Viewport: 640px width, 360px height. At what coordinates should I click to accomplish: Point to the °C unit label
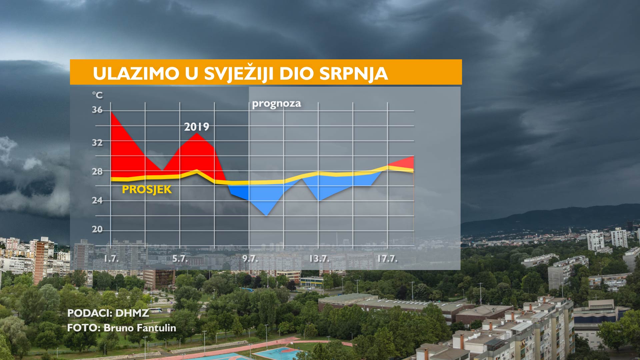(97, 95)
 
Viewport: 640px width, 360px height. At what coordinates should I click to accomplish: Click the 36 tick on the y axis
(97, 110)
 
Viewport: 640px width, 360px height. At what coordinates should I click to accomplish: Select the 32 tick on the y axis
(97, 143)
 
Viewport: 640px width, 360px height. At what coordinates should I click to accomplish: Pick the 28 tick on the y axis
(97, 171)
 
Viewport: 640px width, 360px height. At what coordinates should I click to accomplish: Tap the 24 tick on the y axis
(97, 200)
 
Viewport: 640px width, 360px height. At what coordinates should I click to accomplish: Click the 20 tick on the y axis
(97, 229)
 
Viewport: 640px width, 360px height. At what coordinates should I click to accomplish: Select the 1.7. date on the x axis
(111, 259)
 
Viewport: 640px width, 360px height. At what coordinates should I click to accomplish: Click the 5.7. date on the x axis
(180, 259)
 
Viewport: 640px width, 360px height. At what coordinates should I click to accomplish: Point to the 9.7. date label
(250, 259)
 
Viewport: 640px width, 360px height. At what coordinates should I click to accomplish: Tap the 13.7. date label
(319, 259)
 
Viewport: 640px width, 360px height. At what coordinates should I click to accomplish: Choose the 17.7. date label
(387, 259)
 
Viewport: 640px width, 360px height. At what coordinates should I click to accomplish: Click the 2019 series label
(197, 127)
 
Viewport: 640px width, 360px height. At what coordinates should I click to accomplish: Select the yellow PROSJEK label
(147, 189)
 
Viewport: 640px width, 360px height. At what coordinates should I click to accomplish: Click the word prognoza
(276, 104)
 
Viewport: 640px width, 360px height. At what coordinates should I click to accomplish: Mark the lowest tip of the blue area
(266, 215)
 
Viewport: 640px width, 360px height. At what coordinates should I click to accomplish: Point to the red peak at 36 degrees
(111, 112)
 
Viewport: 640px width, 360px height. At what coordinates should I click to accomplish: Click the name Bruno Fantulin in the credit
(140, 328)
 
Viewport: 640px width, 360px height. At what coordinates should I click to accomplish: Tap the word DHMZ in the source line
(132, 313)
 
